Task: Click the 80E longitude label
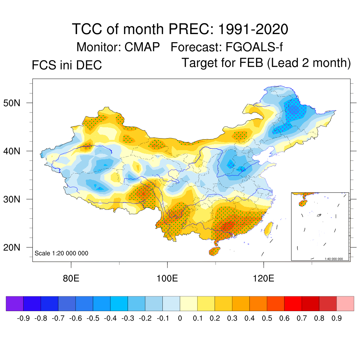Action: (x=71, y=278)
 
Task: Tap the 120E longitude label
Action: (x=263, y=278)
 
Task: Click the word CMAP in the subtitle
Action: (x=142, y=47)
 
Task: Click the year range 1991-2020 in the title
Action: (x=253, y=29)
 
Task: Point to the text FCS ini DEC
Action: (x=67, y=65)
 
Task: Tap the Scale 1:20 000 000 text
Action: (x=62, y=253)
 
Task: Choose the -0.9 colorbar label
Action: (x=23, y=319)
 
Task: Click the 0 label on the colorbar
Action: (x=180, y=319)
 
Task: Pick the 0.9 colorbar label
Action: (x=337, y=319)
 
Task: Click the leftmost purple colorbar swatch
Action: (x=15, y=304)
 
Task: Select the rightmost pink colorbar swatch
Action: (x=345, y=304)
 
